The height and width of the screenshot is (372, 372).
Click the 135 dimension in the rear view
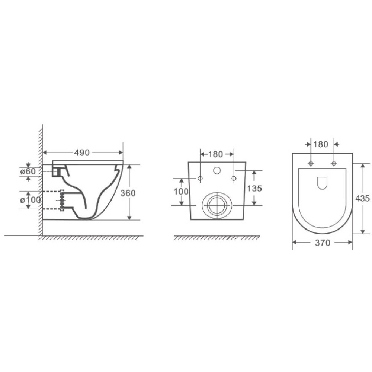(255, 188)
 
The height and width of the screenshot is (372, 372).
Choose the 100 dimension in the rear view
(181, 192)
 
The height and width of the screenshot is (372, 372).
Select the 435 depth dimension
(363, 198)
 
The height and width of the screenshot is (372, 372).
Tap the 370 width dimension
(322, 243)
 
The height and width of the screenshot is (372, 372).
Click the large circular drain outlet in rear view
(217, 205)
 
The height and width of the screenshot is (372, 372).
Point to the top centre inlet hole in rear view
(217, 171)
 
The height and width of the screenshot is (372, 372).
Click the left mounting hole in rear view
(200, 179)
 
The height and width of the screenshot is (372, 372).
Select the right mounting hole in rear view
(234, 179)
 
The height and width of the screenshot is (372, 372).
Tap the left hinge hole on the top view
(311, 163)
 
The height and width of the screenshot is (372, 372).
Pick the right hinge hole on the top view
(334, 163)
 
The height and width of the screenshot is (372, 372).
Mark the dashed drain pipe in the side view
(52, 200)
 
